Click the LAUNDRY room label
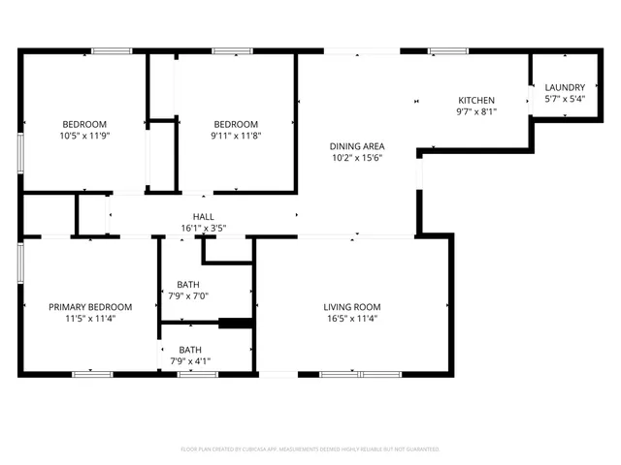tap(565, 87)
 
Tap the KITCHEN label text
tap(476, 101)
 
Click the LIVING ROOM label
tap(352, 307)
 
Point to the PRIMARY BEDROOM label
tap(90, 307)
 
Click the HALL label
tap(204, 217)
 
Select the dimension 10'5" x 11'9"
tap(84, 136)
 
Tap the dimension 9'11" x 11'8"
tap(236, 136)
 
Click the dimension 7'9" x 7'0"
tap(190, 296)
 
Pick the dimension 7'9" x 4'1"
tap(190, 361)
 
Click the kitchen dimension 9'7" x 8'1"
tap(476, 112)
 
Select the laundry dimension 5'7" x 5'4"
tap(565, 99)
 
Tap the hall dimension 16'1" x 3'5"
tap(204, 229)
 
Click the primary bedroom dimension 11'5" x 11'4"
tap(90, 319)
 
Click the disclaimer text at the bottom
tap(310, 449)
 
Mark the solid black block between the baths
tap(235, 324)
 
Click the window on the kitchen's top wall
tap(447, 50)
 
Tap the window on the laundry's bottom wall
tap(565, 118)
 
